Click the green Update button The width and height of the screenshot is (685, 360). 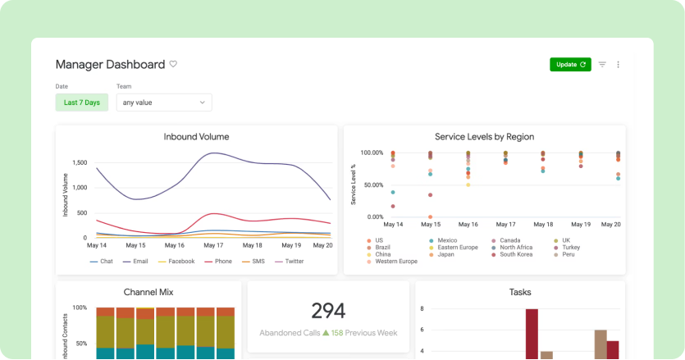(570, 64)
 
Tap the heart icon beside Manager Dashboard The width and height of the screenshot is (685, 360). (173, 64)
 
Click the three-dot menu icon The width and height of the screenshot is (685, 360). (619, 64)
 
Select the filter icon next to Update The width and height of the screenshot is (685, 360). (602, 64)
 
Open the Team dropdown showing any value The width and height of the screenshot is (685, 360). (163, 103)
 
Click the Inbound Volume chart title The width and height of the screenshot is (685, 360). (196, 137)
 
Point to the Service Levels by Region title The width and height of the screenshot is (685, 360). (484, 137)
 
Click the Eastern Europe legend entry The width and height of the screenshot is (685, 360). (458, 247)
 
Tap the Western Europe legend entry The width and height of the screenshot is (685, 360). (395, 262)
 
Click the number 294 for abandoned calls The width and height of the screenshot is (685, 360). (328, 310)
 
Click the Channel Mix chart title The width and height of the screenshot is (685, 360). (148, 291)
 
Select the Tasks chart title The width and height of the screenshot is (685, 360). (520, 291)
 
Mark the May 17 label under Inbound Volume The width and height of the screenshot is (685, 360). (213, 245)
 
